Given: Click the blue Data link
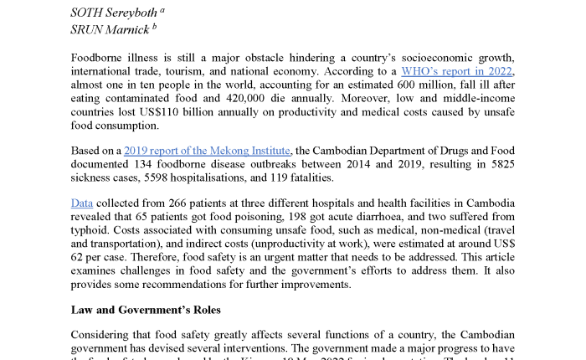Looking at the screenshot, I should pyautogui.click(x=82, y=203).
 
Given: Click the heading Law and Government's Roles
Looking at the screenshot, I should pyautogui.click(x=146, y=309).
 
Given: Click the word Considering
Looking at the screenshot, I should pyautogui.click(x=106, y=335).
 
